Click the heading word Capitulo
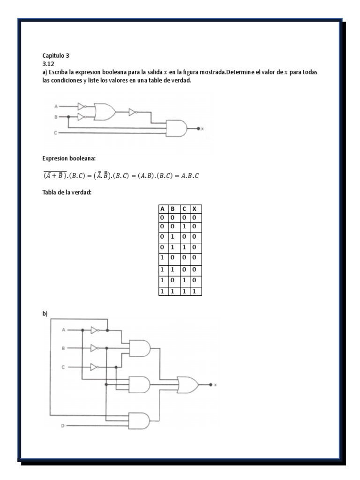(53, 55)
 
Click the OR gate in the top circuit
(105, 111)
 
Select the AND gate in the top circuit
(176, 127)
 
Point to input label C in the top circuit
(55, 133)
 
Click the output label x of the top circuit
(202, 128)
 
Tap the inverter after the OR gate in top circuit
(133, 112)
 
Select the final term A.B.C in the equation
(193, 175)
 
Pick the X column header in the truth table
(195, 209)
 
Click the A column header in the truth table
(162, 209)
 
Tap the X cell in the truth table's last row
(195, 291)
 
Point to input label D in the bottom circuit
(63, 426)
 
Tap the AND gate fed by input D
(140, 420)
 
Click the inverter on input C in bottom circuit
(95, 367)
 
